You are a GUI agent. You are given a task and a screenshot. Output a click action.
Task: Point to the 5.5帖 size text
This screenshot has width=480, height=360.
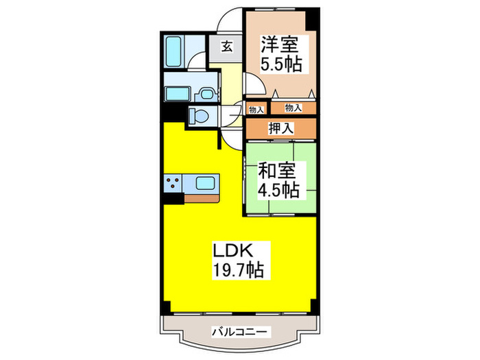coord(281,66)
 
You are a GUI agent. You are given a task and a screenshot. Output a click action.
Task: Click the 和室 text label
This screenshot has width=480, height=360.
coord(278,169)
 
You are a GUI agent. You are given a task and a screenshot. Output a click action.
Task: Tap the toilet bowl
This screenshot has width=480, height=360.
coord(198,115)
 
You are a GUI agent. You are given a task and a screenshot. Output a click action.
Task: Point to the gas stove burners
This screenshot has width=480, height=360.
coord(172,183)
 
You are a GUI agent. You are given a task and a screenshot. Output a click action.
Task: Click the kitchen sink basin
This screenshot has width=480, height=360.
coord(205,183)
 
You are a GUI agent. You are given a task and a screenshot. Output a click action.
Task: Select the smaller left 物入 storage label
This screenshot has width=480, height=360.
coord(255,108)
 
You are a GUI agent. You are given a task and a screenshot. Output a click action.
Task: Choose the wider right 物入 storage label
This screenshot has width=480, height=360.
coord(293,108)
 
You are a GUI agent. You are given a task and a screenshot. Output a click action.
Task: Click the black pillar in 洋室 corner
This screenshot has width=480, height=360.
coord(313,16)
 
